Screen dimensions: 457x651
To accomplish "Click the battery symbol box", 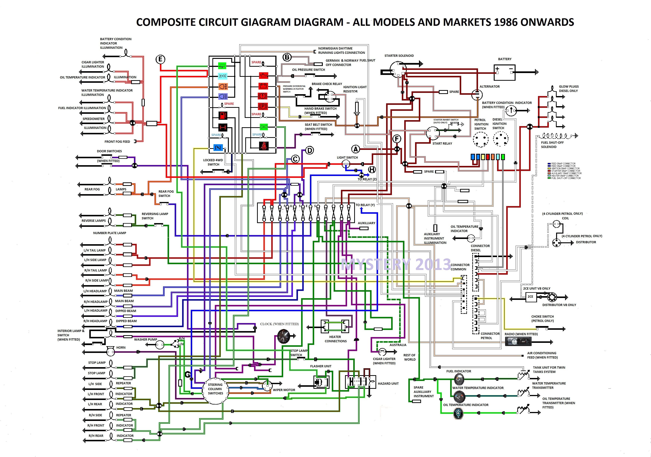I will click(x=504, y=72).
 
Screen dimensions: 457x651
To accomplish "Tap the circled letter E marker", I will click(x=160, y=59).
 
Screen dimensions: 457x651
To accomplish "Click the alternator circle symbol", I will click(x=477, y=95).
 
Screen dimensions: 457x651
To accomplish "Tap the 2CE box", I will click(x=530, y=297).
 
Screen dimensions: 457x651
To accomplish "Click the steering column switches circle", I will click(x=215, y=390).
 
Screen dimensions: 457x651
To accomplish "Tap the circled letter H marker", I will click(x=372, y=170).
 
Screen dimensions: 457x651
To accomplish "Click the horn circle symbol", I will click(x=110, y=352).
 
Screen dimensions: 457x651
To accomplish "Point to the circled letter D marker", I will click(x=309, y=150).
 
